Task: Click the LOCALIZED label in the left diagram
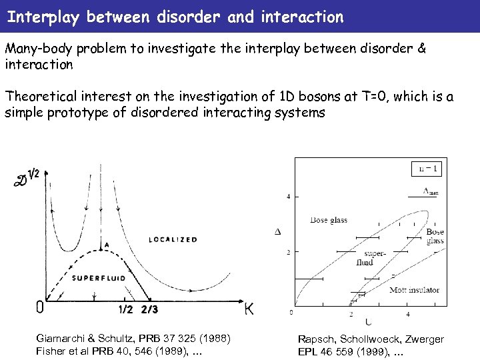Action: [173, 239]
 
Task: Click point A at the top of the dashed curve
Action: [105, 245]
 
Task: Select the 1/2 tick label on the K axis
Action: [126, 309]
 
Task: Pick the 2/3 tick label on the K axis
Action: [149, 309]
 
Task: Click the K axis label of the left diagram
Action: [248, 309]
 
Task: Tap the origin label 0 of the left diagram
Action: [40, 307]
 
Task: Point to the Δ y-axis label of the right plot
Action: [278, 231]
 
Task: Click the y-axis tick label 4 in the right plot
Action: [288, 197]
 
